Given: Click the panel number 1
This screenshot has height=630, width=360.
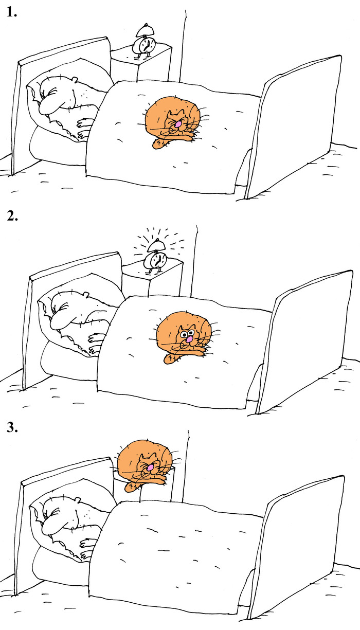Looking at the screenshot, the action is click(x=11, y=12).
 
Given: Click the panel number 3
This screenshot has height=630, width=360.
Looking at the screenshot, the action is click(x=12, y=427).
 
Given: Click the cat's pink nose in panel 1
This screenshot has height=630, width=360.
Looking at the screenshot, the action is click(x=178, y=123).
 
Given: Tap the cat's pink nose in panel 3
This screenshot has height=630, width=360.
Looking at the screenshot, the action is click(x=150, y=467).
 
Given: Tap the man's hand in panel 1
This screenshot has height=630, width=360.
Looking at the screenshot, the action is click(x=84, y=129).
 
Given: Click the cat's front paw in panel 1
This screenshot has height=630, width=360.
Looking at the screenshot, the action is click(x=160, y=143).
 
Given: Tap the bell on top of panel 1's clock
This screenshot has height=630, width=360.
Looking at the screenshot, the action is click(x=145, y=30).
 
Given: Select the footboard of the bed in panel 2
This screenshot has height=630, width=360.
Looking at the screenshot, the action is click(x=305, y=341).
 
